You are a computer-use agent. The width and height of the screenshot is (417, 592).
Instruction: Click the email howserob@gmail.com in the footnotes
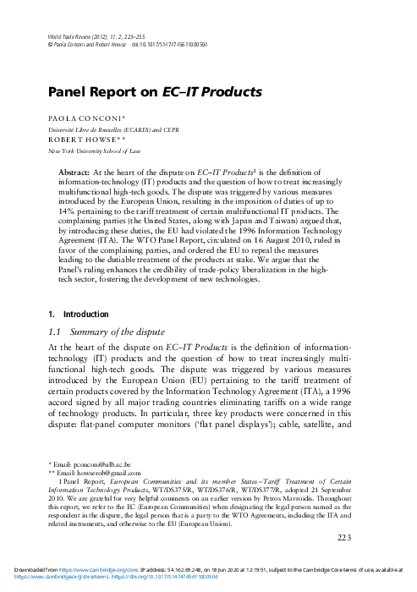[92, 472]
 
